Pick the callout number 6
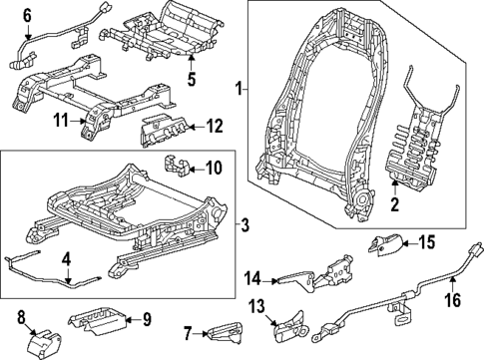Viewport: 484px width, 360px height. coord(27,14)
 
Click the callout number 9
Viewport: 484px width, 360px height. coord(146,320)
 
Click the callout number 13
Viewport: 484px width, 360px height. coord(254,305)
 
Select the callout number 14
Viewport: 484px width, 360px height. coord(253,278)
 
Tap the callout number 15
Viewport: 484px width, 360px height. coord(425,240)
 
